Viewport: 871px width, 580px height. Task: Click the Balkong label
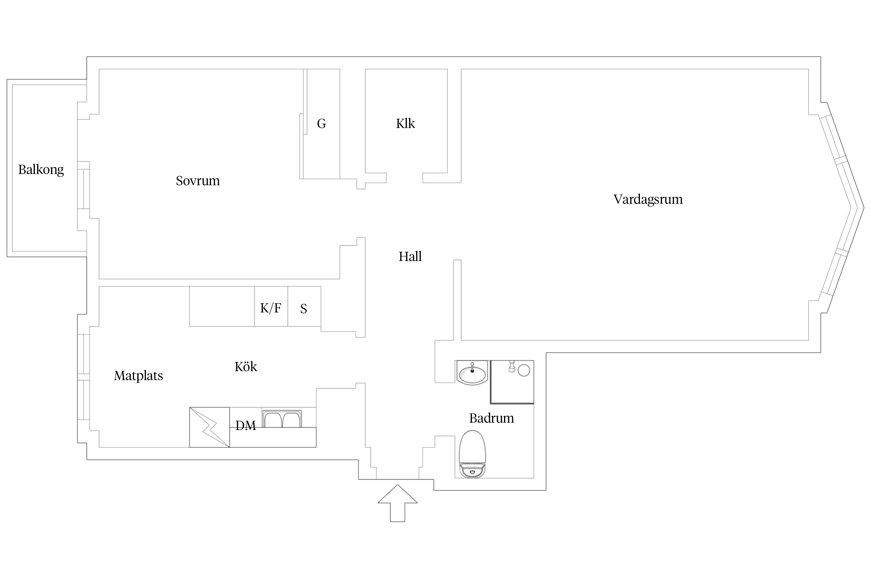coord(41,170)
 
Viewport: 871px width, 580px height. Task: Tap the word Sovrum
coord(198,181)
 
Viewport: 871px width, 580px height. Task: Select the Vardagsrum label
coord(648,200)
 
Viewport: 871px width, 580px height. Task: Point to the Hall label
coord(410,256)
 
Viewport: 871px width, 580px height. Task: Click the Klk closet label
coord(405,123)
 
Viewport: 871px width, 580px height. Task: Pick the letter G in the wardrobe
coord(321,123)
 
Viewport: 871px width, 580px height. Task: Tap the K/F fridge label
coord(271,308)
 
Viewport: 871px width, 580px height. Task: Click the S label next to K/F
coord(303,309)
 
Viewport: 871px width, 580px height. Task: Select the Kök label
coord(246,366)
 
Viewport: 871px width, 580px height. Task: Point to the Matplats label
coord(138,375)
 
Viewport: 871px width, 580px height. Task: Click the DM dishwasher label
coord(246,426)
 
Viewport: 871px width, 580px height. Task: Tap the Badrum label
coord(492,418)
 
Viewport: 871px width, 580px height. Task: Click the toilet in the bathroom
coord(472,454)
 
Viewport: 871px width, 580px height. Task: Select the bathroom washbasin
coord(472,373)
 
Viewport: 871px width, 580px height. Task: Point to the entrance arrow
coord(398,503)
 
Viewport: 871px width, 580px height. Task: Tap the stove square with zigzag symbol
coord(209,427)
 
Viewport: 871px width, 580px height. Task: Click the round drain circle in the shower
coord(524,370)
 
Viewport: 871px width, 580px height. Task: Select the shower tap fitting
coord(512,367)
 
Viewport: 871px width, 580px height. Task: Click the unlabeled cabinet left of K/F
coord(222,306)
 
